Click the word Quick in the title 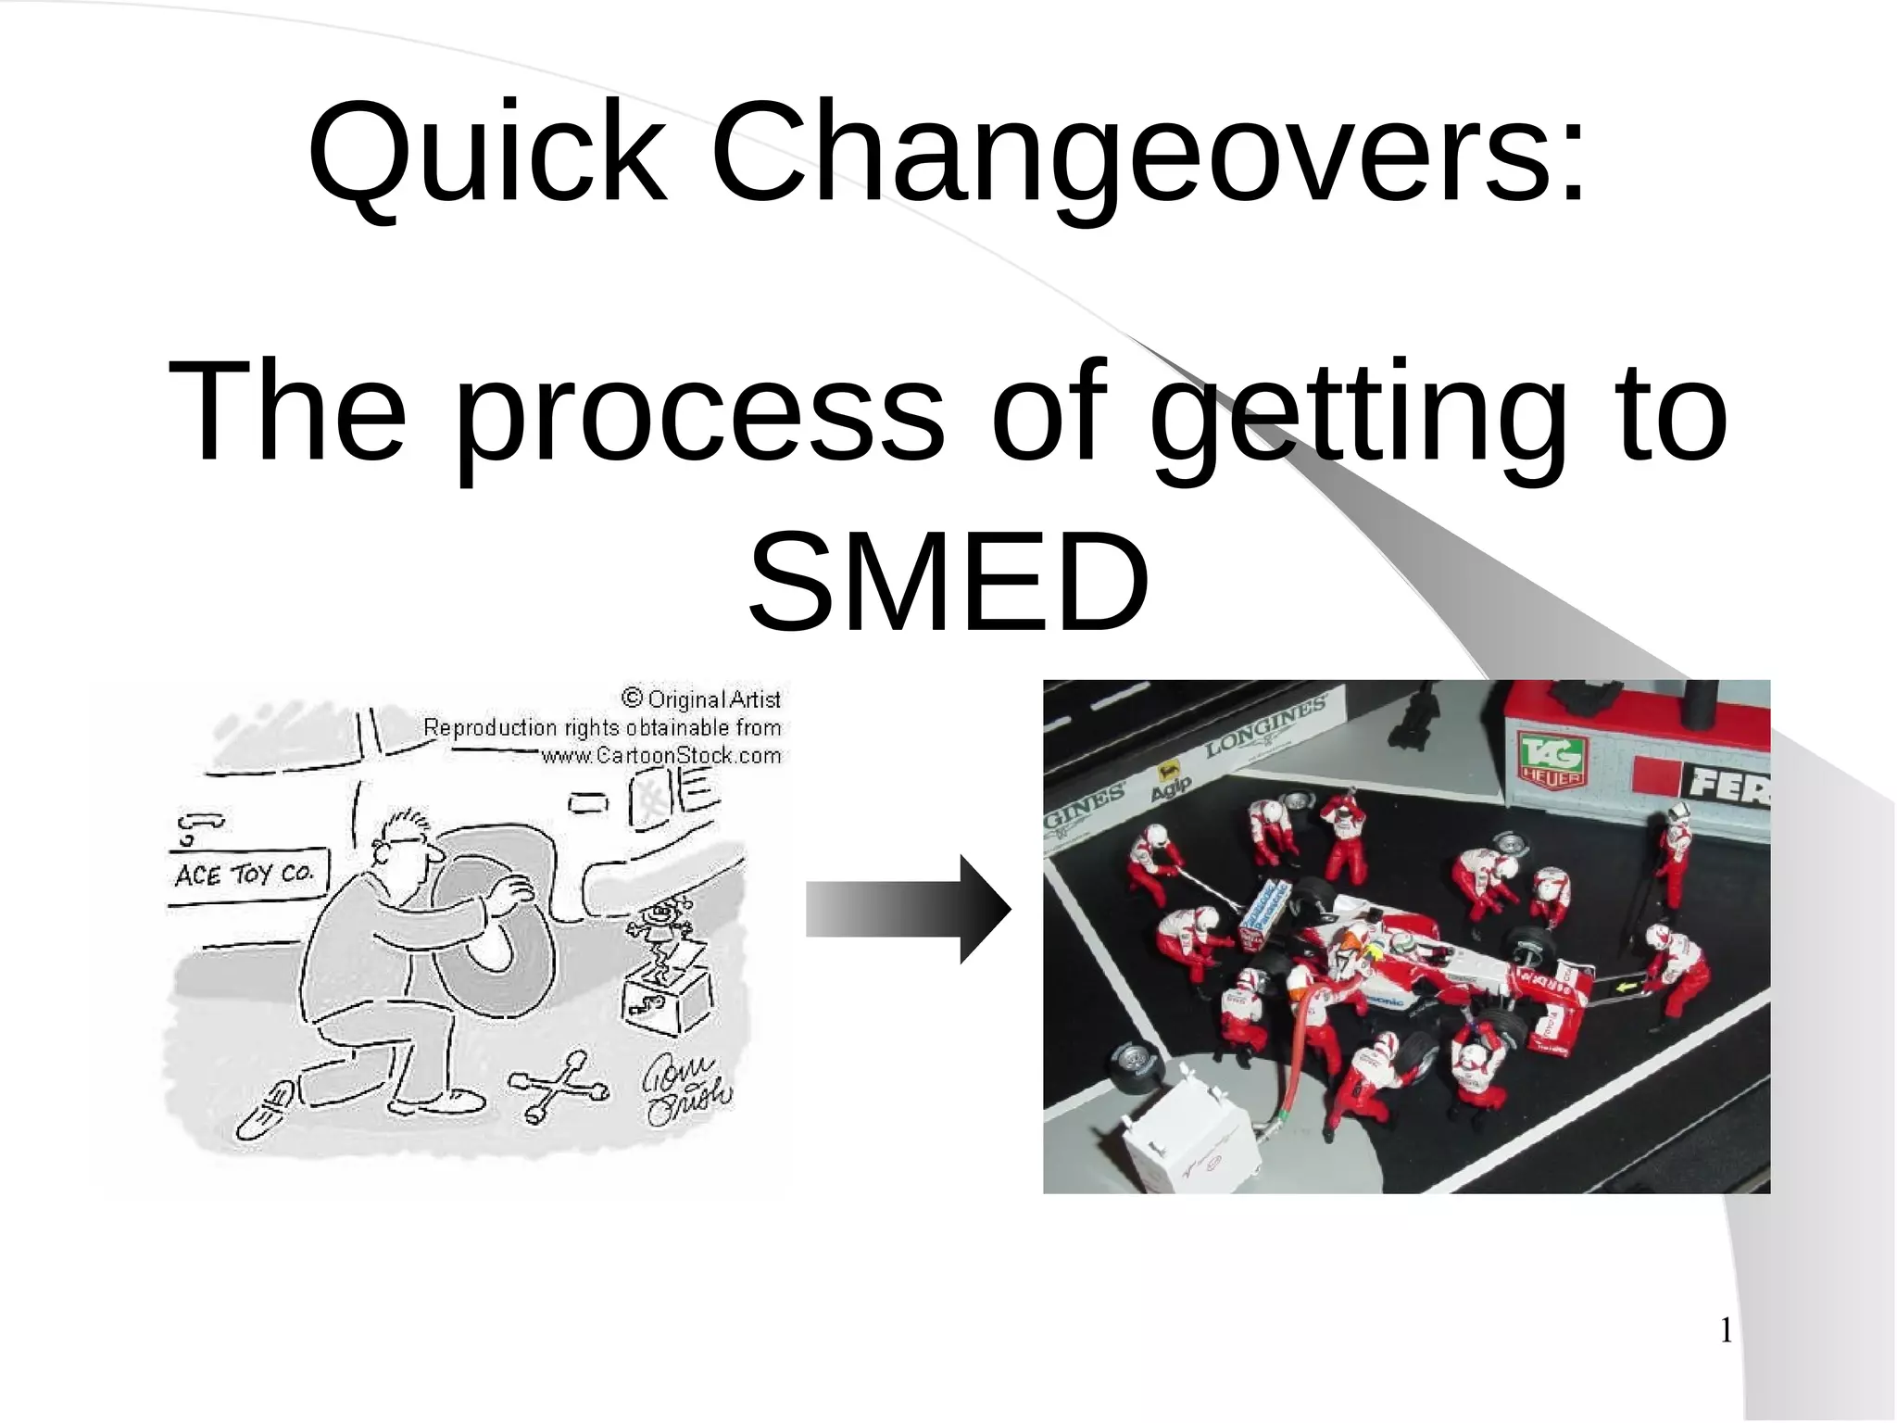487,153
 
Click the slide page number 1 1726,1332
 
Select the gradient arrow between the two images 907,909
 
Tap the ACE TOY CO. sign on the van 245,874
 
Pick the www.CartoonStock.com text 660,756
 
